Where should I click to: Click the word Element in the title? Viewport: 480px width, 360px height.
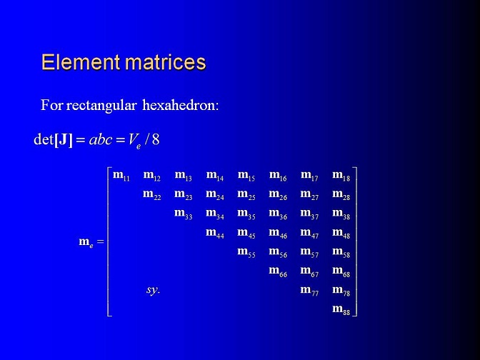(81, 62)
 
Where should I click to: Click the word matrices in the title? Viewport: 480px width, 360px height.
(166, 62)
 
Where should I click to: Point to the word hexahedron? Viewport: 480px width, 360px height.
(181, 105)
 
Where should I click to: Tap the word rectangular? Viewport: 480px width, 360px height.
(101, 105)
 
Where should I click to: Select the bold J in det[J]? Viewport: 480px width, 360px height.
(64, 139)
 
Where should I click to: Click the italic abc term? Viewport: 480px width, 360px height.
(101, 139)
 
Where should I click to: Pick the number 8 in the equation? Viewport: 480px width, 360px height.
(156, 139)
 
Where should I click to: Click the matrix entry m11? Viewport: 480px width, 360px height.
(121, 176)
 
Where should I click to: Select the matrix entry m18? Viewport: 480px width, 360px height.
(341, 176)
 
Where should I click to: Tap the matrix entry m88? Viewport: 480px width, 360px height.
(341, 309)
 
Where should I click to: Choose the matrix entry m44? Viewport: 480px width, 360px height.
(215, 233)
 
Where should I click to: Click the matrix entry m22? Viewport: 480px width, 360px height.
(152, 195)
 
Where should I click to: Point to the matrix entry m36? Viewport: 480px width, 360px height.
(278, 214)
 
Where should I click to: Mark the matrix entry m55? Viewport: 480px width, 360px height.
(246, 252)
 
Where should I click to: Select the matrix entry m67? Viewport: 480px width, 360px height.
(309, 271)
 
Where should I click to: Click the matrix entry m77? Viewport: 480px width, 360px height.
(309, 290)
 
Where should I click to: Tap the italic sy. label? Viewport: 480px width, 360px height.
(153, 289)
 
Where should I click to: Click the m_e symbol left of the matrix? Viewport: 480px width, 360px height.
(86, 242)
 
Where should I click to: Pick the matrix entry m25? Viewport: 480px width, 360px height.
(246, 195)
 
